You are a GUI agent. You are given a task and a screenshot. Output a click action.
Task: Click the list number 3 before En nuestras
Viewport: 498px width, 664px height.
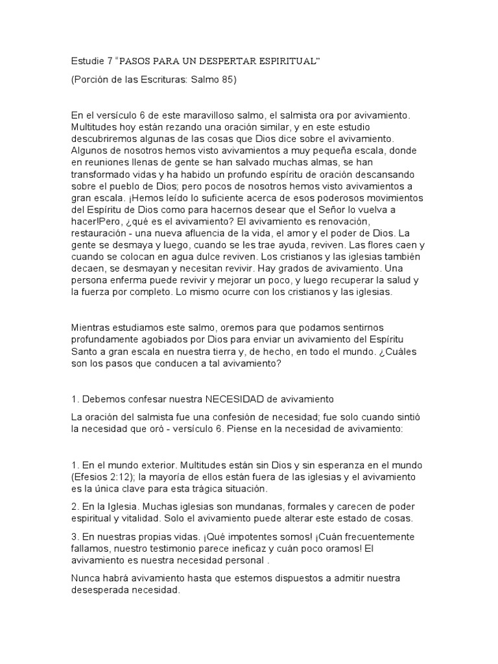(x=74, y=538)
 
